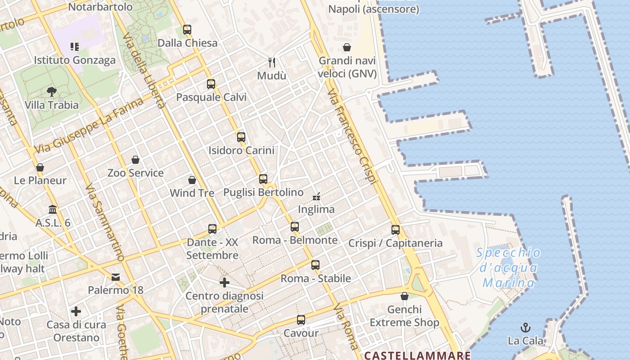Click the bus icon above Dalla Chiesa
click(x=187, y=30)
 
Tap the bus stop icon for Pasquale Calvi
click(x=211, y=84)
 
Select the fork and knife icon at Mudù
click(x=271, y=62)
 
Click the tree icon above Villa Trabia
click(x=52, y=92)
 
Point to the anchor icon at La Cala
click(x=526, y=327)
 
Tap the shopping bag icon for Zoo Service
click(x=135, y=160)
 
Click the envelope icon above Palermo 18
click(x=116, y=277)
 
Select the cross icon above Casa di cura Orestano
click(x=76, y=311)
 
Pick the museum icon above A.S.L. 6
click(x=53, y=210)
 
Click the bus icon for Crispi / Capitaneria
click(x=396, y=230)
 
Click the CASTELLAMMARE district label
click(x=417, y=355)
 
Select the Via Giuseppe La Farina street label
click(x=89, y=125)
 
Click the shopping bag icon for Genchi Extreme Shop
click(x=405, y=296)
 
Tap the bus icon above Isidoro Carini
click(x=241, y=137)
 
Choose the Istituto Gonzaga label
click(x=75, y=60)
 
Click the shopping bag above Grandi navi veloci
click(x=347, y=47)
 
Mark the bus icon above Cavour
click(x=301, y=320)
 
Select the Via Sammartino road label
click(x=104, y=223)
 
